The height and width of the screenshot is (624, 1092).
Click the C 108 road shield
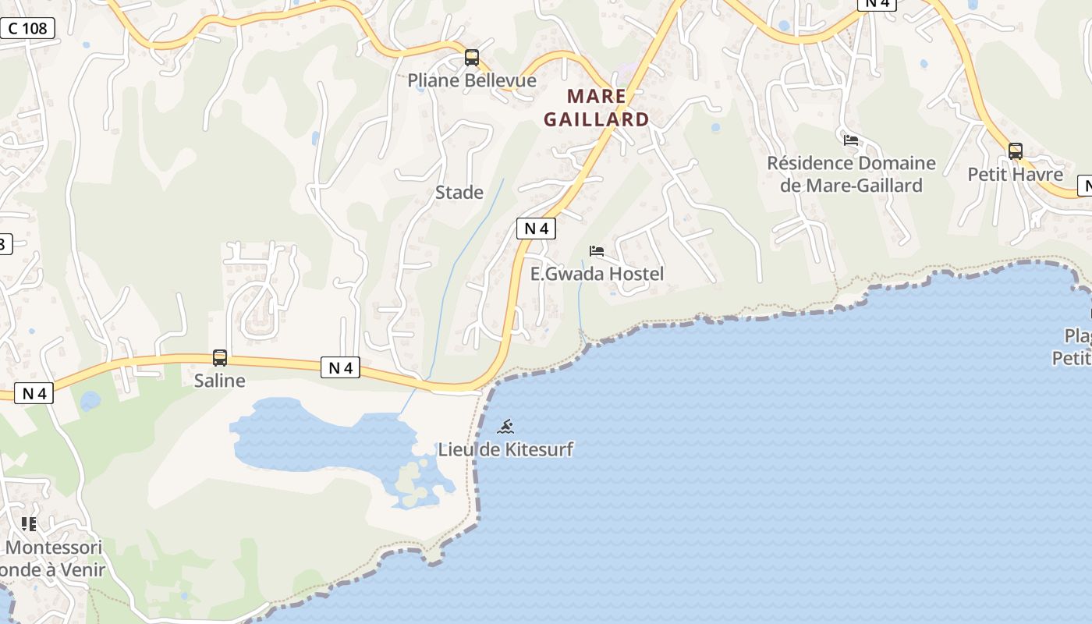pyautogui.click(x=28, y=29)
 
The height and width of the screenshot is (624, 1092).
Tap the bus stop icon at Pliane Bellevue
pyautogui.click(x=471, y=57)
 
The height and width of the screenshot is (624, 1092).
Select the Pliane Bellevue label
pyautogui.click(x=472, y=80)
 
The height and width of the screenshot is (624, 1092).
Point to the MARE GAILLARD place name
pyautogui.click(x=597, y=108)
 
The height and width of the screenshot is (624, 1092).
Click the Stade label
pyautogui.click(x=459, y=192)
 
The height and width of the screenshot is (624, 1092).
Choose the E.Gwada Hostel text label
pyautogui.click(x=597, y=274)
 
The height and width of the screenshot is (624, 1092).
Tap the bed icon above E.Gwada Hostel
pyautogui.click(x=597, y=251)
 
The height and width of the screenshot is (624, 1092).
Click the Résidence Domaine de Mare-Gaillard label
pyautogui.click(x=851, y=174)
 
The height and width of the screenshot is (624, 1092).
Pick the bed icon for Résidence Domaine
pyautogui.click(x=851, y=140)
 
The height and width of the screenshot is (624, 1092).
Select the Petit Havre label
pyautogui.click(x=1015, y=174)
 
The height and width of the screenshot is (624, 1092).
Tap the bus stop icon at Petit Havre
pyautogui.click(x=1015, y=151)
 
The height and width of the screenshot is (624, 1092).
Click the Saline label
pyautogui.click(x=219, y=381)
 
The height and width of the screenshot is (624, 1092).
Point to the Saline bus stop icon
pyautogui.click(x=220, y=358)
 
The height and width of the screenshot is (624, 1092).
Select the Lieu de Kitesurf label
pyautogui.click(x=505, y=449)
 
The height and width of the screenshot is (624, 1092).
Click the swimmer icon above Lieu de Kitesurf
pyautogui.click(x=505, y=427)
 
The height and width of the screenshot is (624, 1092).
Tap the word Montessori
pyautogui.click(x=54, y=547)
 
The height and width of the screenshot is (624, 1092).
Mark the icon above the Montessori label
pyautogui.click(x=29, y=523)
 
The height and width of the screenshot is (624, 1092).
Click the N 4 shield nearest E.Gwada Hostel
pyautogui.click(x=536, y=229)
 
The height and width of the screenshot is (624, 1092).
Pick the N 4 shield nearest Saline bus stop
pyautogui.click(x=340, y=367)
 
